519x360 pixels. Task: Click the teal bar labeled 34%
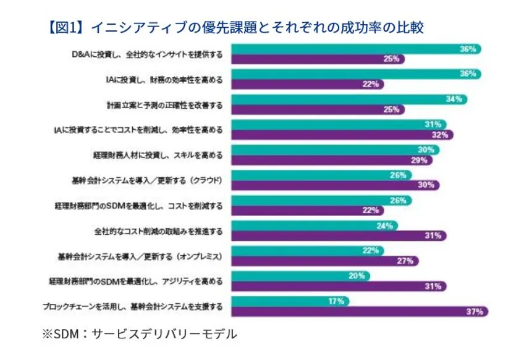346,99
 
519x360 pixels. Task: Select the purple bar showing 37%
358,312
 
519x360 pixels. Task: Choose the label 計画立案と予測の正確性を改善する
164,106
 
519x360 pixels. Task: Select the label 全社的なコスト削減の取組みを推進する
158,232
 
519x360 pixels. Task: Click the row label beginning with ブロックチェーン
132,307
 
